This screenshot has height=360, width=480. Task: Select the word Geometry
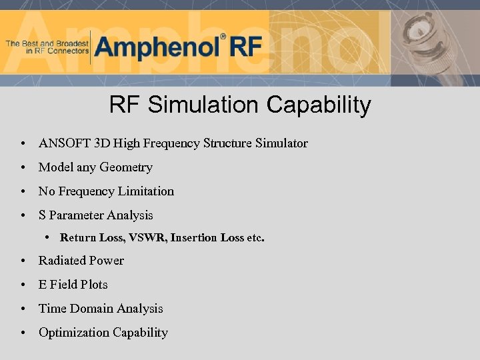coord(126,167)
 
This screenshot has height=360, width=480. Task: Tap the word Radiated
coord(62,261)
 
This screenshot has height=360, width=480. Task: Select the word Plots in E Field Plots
coord(94,285)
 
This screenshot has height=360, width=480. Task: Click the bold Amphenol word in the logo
coord(157,47)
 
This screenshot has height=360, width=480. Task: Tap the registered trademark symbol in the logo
coord(223,37)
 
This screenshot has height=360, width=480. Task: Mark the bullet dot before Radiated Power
coord(23,261)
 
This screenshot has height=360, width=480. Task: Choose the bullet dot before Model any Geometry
coord(23,168)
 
